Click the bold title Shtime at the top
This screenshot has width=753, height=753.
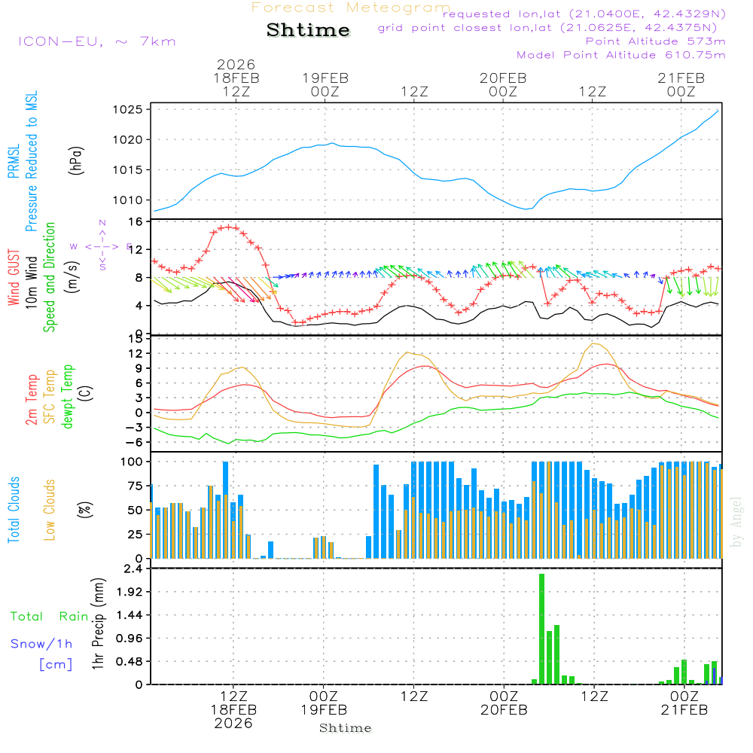coord(308,30)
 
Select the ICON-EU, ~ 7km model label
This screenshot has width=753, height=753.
coord(96,41)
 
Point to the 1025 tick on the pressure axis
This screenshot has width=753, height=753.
coord(130,110)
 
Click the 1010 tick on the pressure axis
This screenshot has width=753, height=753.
coord(130,200)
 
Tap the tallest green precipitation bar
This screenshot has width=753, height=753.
coord(541,629)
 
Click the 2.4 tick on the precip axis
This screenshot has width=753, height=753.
coord(133,569)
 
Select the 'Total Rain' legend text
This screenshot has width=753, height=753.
coord(49,617)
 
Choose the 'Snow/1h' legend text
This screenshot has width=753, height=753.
coord(42,644)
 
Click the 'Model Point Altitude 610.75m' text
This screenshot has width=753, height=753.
coord(620,55)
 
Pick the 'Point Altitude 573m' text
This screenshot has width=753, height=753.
coord(655,41)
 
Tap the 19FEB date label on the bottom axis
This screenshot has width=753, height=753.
coord(325,709)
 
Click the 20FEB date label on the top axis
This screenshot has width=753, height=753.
coord(503,78)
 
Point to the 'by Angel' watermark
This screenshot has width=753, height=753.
coord(736,521)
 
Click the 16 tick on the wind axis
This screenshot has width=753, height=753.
coord(136,222)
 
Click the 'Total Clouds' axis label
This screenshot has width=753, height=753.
coord(14,510)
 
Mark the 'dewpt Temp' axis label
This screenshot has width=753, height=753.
coord(68,397)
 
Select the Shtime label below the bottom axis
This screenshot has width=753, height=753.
coord(345,728)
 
